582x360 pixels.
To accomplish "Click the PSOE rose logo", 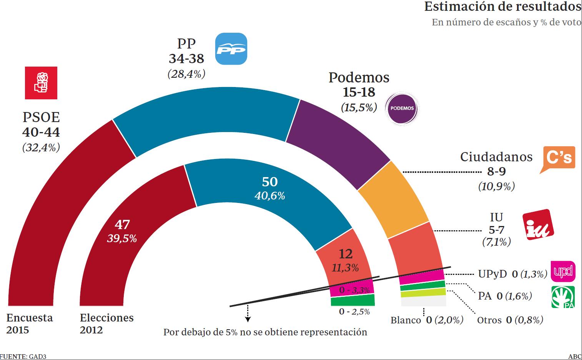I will click(41, 82).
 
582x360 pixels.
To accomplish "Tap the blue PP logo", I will click(231, 49).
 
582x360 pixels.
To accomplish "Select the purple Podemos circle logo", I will click(402, 108).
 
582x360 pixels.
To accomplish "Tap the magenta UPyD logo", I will click(563, 271).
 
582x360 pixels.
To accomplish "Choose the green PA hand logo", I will click(563, 297).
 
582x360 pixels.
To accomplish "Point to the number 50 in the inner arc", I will click(269, 182).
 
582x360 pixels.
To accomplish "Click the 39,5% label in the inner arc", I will click(122, 239).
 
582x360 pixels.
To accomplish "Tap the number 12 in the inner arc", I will click(346, 254).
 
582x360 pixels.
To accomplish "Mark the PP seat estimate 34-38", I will click(186, 58).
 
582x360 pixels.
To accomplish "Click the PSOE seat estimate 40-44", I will click(41, 132).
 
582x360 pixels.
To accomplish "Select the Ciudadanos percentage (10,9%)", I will click(496, 186).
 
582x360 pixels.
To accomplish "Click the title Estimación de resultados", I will click(502, 7).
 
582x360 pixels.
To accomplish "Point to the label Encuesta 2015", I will click(29, 323).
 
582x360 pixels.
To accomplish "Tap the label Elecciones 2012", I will click(106, 323).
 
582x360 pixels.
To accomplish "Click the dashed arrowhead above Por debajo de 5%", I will click(248, 319).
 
